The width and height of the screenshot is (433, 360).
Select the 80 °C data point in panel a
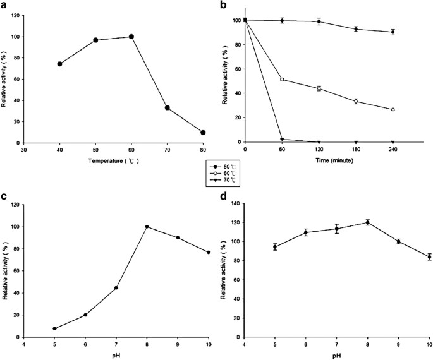(x=203, y=133)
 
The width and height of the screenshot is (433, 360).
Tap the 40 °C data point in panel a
(x=60, y=64)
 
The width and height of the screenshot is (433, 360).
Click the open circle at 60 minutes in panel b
(x=282, y=80)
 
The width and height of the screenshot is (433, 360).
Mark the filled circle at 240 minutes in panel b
(x=393, y=32)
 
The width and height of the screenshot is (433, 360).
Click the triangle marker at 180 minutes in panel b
(x=356, y=142)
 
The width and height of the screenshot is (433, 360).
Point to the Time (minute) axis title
(x=319, y=161)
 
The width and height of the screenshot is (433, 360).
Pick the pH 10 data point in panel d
(x=429, y=257)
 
